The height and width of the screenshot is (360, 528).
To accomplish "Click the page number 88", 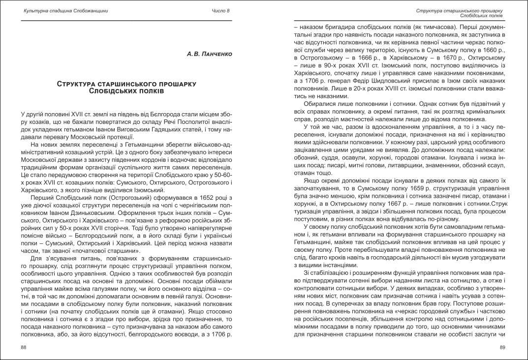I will point(24,347).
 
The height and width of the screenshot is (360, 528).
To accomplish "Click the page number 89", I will point(502,347).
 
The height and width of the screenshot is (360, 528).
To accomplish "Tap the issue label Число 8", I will point(220,11).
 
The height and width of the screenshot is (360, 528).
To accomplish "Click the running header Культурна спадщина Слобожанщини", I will point(66,11).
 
